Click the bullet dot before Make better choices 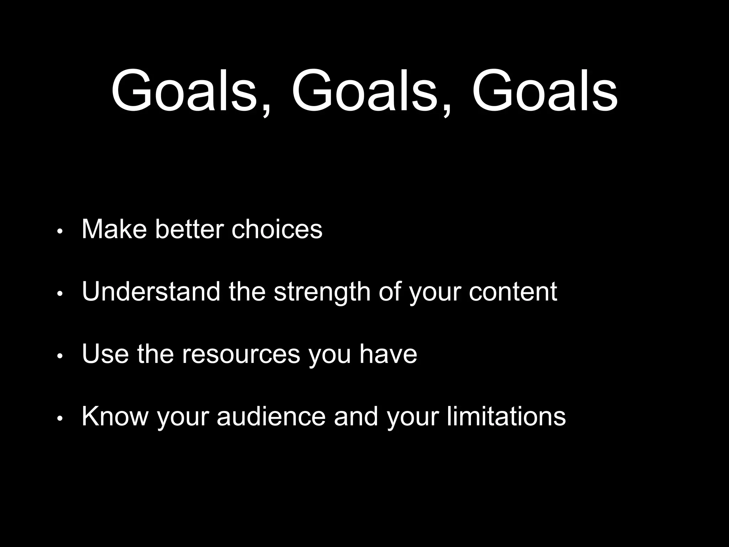(x=60, y=231)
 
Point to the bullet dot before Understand (x=60, y=294)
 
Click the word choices (x=277, y=229)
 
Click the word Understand (x=151, y=292)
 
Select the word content (x=513, y=292)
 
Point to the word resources (x=241, y=354)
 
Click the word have (x=388, y=354)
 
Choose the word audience (x=271, y=416)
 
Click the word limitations (x=506, y=416)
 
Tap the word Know (x=115, y=416)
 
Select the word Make (x=114, y=229)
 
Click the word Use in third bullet (x=105, y=354)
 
